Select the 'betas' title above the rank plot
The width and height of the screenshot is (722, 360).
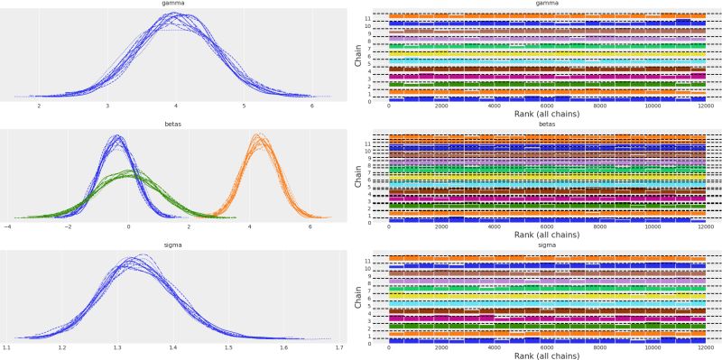click(x=546, y=126)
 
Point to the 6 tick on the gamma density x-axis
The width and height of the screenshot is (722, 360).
click(x=311, y=106)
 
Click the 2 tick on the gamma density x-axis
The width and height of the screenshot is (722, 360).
click(x=39, y=106)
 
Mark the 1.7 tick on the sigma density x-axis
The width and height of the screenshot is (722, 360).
click(x=339, y=346)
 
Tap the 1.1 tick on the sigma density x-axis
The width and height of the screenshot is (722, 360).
click(x=7, y=346)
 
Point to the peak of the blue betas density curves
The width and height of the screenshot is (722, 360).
click(x=116, y=137)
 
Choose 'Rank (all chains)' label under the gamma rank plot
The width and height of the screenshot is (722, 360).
click(x=546, y=115)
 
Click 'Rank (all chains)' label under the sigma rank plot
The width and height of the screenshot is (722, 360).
click(x=546, y=355)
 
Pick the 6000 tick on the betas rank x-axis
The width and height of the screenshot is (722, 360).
click(x=546, y=227)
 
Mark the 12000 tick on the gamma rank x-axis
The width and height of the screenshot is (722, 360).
click(x=704, y=106)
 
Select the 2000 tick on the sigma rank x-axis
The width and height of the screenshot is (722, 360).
click(x=441, y=346)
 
